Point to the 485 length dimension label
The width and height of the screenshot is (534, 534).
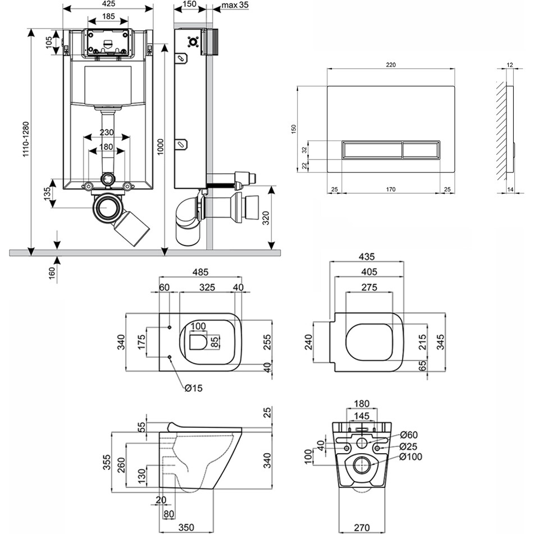(200, 272)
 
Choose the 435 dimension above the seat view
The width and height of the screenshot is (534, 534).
(366, 256)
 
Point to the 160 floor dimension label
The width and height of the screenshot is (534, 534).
(52, 273)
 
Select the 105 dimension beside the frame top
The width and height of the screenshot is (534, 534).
(49, 42)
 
